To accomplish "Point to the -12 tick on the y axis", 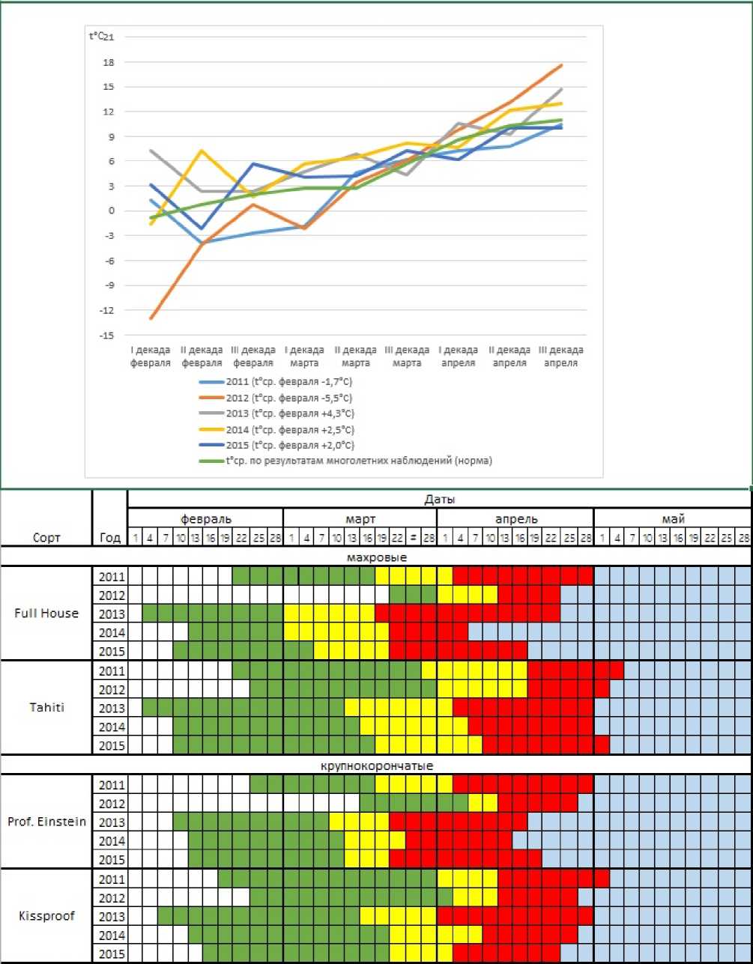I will [106, 310].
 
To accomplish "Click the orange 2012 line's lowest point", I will [151, 319].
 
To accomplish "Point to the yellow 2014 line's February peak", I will [201, 151].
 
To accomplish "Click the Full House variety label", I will [46, 613].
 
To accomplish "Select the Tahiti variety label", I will [46, 708].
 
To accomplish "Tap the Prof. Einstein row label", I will [46, 822].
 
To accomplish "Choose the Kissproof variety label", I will [46, 916].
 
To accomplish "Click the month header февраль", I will [205, 518].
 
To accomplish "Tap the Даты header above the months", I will [439, 499].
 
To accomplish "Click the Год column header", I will [109, 537].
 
